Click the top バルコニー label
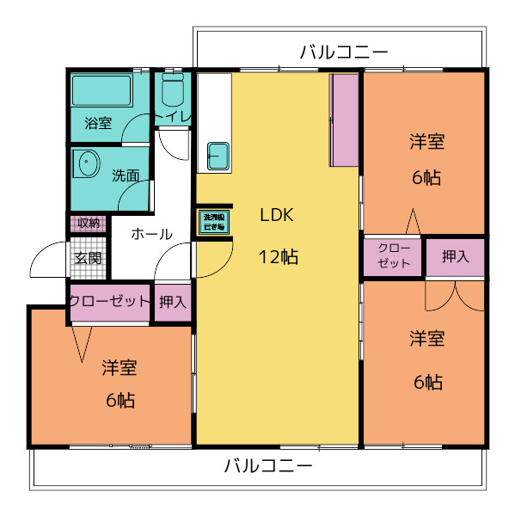coord(344,52)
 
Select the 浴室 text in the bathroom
coord(97,123)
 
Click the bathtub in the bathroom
coord(101,90)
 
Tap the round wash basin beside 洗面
coord(86,163)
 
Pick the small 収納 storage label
coord(88,224)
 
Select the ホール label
coord(151,234)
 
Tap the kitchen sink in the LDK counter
coord(217,157)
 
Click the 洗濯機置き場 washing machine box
coord(212,222)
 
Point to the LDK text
coord(278,216)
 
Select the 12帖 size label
coord(278,256)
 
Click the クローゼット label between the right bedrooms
coord(394,255)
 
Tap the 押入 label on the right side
coord(456,256)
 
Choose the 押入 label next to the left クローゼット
coord(173,302)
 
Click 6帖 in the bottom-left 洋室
coord(120,400)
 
